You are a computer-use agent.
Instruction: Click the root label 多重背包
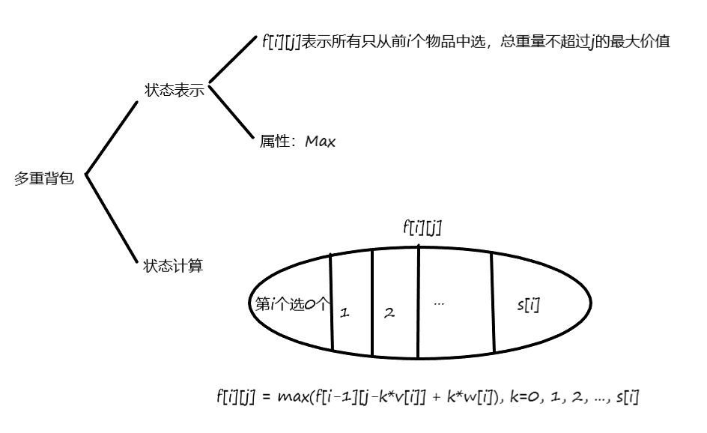[44, 179]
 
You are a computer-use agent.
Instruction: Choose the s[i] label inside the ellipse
[529, 305]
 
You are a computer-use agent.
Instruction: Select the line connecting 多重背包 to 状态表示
[113, 138]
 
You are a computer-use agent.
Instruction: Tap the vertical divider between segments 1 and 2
[371, 303]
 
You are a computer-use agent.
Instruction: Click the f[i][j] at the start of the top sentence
[281, 42]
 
